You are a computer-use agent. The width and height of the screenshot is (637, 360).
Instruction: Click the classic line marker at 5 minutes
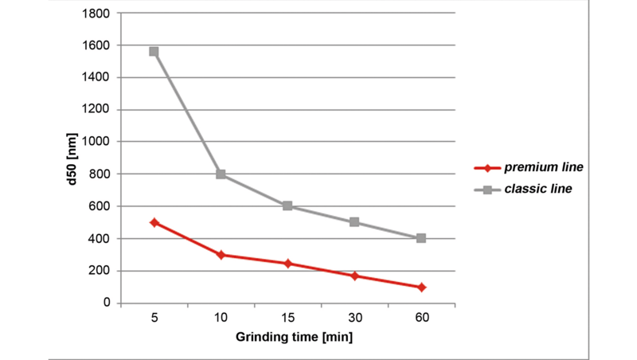[x=154, y=52]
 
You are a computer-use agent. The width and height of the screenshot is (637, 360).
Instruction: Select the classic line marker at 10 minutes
[x=221, y=174]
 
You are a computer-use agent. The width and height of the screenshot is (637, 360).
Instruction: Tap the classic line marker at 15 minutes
[x=287, y=206]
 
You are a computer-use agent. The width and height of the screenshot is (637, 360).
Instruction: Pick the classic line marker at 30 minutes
[x=354, y=222]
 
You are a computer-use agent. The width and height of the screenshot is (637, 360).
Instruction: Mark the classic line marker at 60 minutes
[x=421, y=238]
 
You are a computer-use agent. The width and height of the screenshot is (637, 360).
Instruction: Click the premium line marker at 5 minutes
[x=154, y=222]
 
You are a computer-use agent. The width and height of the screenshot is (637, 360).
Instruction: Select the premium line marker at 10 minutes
[x=221, y=255]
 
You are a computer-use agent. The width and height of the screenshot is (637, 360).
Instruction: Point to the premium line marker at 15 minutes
[x=287, y=263]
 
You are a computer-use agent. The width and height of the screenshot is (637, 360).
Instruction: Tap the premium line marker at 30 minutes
[x=354, y=276]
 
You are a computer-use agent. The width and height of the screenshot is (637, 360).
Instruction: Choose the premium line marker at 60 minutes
[x=421, y=287]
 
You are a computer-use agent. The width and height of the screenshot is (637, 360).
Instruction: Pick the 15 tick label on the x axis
[x=287, y=318]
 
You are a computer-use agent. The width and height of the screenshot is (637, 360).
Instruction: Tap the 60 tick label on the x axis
[x=421, y=318]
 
